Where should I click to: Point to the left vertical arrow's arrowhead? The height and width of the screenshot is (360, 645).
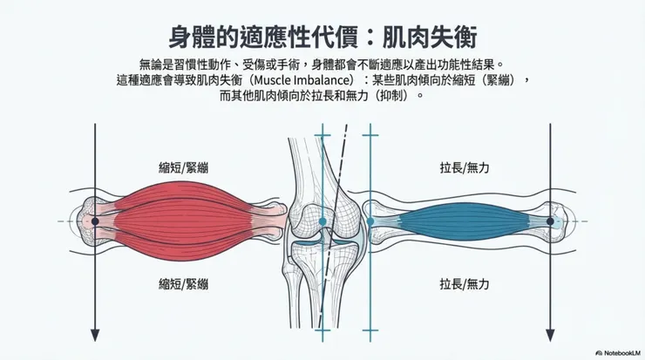pyautogui.click(x=96, y=335)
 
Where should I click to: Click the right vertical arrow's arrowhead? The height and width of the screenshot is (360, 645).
pyautogui.click(x=550, y=335)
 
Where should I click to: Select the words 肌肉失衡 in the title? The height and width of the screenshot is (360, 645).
pyautogui.click(x=434, y=38)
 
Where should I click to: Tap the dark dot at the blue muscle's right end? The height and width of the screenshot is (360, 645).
pyautogui.click(x=550, y=221)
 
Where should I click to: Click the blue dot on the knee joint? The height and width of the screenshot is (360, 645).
pyautogui.click(x=323, y=221)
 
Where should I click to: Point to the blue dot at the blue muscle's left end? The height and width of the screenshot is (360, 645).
pyautogui.click(x=370, y=221)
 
